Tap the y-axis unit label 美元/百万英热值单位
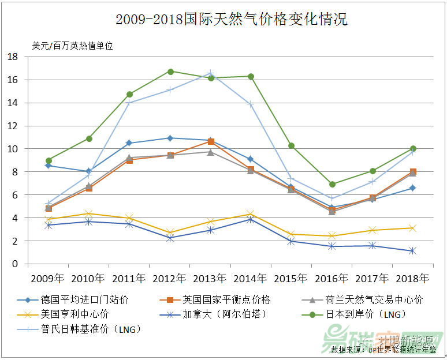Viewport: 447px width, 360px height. pos(72,46)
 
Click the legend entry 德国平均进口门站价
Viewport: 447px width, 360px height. pos(84,299)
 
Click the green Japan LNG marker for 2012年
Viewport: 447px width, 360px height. pos(170,72)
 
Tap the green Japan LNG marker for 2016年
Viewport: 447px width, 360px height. pos(332,184)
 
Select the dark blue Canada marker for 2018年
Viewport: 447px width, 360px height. pos(413,251)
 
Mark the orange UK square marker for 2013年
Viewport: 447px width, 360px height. pos(211,141)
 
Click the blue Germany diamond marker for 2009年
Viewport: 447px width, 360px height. pos(49,166)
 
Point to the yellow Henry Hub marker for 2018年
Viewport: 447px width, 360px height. pos(413,228)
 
